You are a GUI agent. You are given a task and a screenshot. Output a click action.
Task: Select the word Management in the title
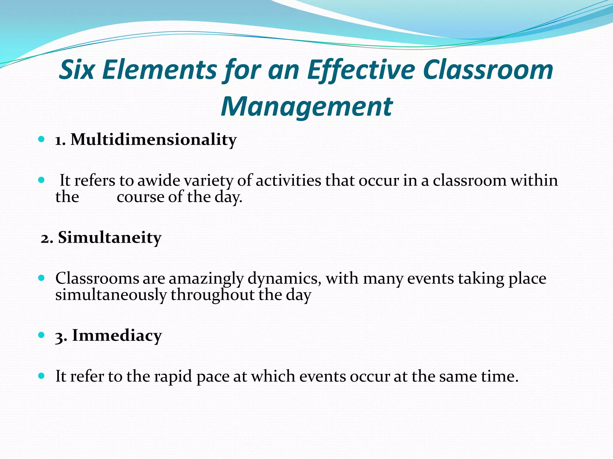[x=306, y=107]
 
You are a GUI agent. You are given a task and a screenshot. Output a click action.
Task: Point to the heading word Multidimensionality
[x=154, y=140]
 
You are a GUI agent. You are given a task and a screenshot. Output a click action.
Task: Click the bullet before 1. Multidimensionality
[x=42, y=139]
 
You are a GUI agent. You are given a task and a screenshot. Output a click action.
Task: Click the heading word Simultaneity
[x=110, y=238]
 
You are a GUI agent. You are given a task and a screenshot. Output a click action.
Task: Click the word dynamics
[x=284, y=279]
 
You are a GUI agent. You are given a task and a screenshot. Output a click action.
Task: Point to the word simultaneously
[x=111, y=295]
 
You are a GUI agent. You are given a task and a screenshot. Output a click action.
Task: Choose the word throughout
[x=212, y=295]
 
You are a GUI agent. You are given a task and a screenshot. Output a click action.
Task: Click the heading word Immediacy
[x=117, y=335]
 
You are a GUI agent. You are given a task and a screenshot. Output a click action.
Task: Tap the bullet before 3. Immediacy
[x=42, y=335]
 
